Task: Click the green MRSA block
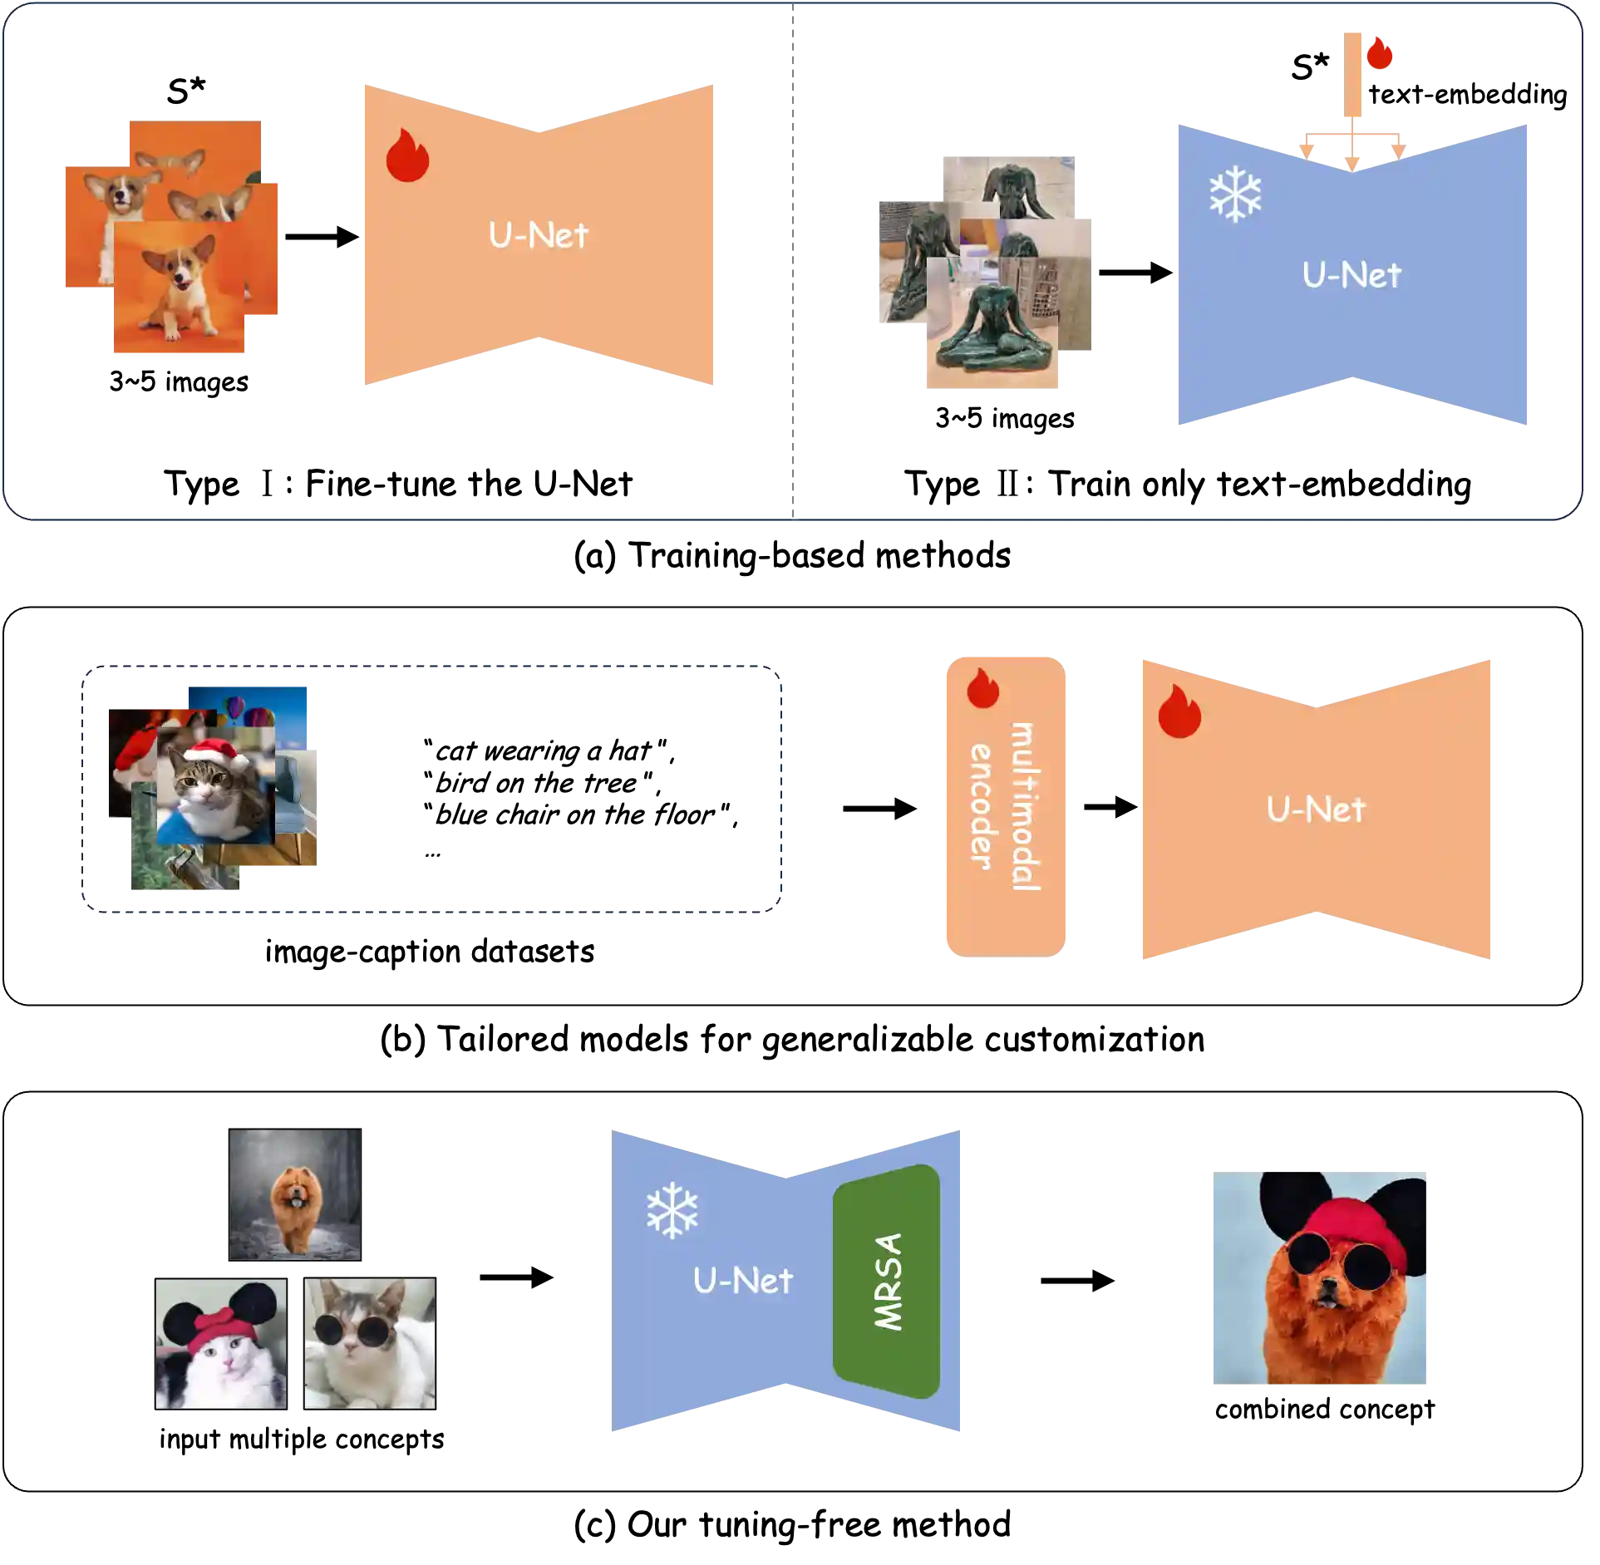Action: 886,1281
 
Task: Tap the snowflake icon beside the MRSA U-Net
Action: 672,1210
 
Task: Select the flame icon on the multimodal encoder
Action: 982,688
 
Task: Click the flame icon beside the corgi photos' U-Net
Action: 407,155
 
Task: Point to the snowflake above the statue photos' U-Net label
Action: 1235,194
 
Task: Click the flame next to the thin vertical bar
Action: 1380,53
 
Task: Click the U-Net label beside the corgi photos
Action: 539,235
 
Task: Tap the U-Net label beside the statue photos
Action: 1351,275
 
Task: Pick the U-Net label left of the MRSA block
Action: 742,1281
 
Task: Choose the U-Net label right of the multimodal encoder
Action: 1316,810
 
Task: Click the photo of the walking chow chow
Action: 295,1193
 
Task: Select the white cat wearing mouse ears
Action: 220,1343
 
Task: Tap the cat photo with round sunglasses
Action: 370,1343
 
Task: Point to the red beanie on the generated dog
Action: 1350,1225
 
